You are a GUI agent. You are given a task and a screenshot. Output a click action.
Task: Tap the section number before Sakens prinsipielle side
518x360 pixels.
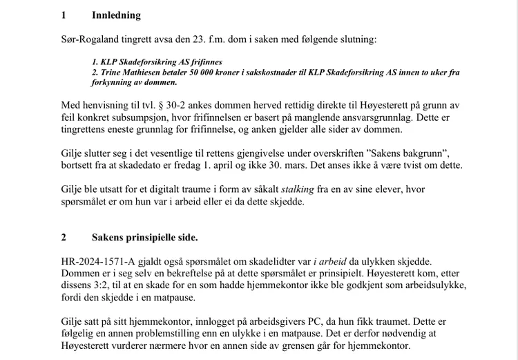click(x=64, y=238)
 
